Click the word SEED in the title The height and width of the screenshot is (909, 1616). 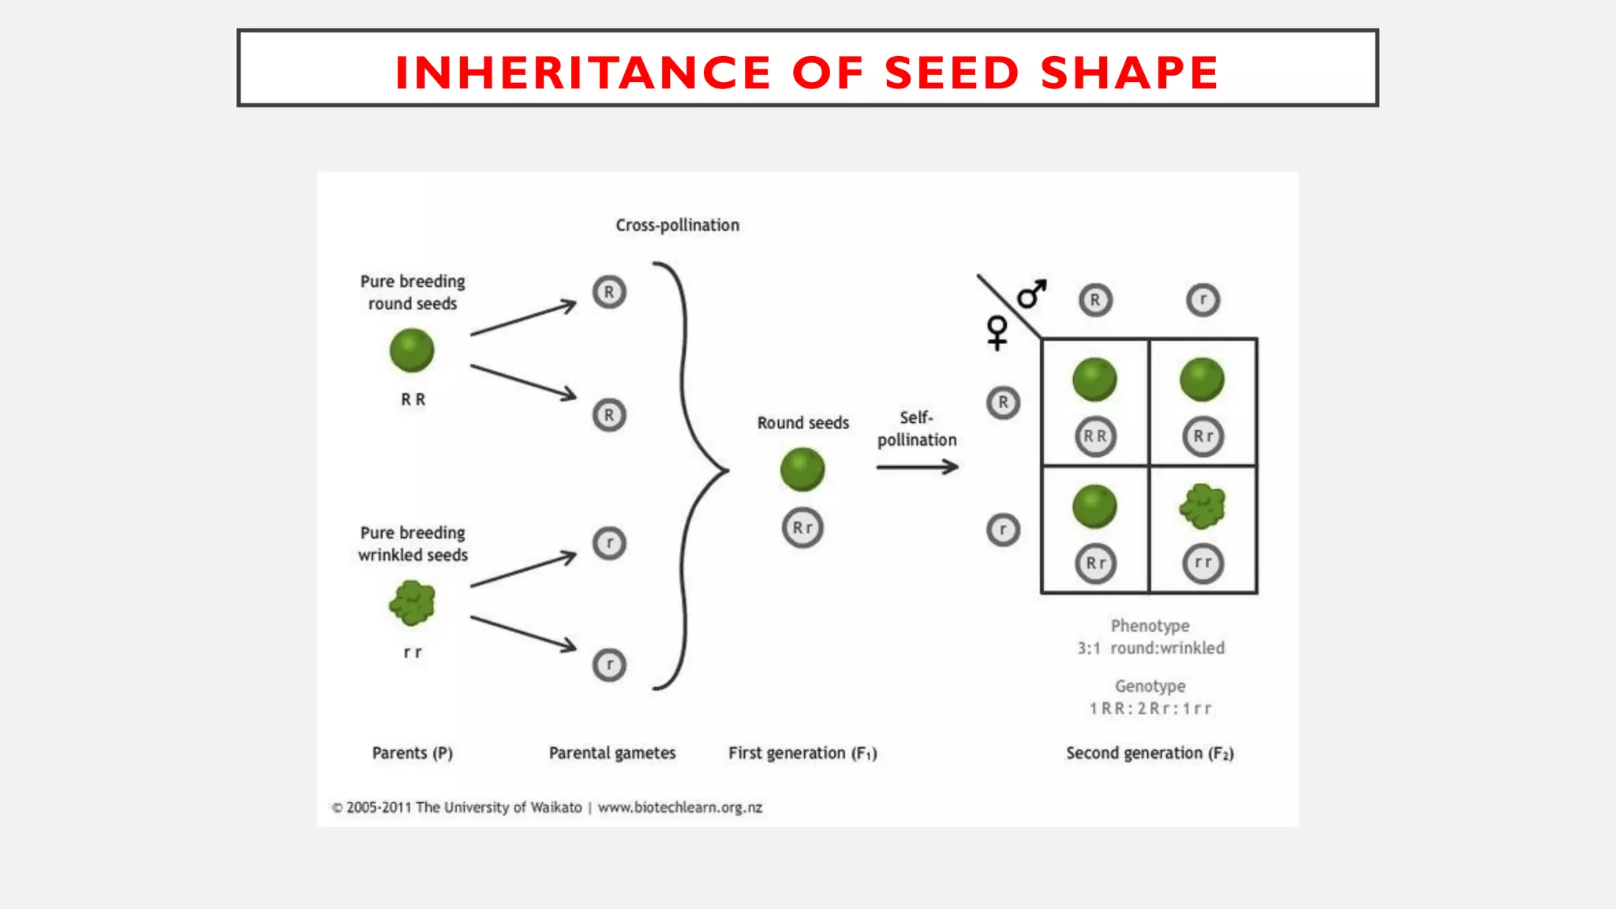[952, 73]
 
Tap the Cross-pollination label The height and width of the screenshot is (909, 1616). [677, 226]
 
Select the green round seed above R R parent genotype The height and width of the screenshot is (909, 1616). [412, 350]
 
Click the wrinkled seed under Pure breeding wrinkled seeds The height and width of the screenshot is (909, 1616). [412, 604]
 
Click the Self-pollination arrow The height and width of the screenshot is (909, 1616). [917, 467]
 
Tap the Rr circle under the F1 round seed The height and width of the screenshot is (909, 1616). [802, 528]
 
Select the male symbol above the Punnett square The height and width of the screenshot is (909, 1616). [1031, 294]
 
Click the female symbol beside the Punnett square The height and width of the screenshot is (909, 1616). [997, 332]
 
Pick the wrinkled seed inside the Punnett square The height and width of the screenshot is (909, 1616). [1203, 506]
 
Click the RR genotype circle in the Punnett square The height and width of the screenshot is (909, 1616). [1095, 436]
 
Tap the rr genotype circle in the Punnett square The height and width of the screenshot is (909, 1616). [1203, 563]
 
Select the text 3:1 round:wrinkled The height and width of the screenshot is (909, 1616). [1150, 648]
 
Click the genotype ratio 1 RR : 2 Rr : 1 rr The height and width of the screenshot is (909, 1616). [1150, 709]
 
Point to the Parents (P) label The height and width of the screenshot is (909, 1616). [412, 753]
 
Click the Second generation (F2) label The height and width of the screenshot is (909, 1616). [1150, 753]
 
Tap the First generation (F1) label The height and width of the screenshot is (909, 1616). [802, 753]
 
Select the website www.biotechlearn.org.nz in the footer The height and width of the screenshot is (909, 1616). [679, 807]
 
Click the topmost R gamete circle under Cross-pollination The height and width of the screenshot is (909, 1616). [609, 292]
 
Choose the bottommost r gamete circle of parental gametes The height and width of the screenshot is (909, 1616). [609, 665]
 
